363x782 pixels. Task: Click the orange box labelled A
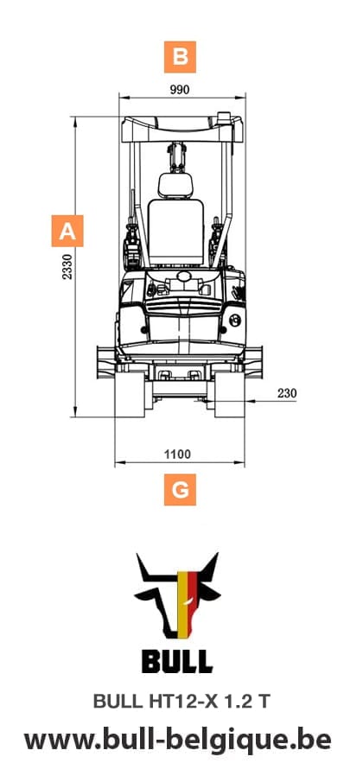(67, 232)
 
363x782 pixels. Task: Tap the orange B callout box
(180, 57)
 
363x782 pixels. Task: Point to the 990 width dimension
(180, 89)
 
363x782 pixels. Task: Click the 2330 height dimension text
(67, 266)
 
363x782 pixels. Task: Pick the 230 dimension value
(287, 393)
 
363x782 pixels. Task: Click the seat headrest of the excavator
(178, 183)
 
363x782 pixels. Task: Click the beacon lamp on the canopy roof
(226, 116)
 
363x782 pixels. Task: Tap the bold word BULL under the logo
(177, 662)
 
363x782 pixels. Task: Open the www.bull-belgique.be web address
(178, 741)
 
